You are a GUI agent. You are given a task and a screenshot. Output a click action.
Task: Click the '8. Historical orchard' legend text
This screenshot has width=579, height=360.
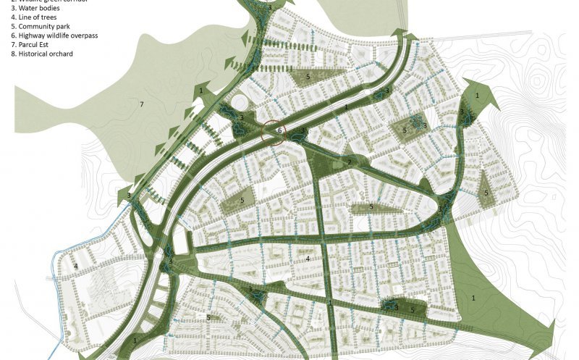point(42,54)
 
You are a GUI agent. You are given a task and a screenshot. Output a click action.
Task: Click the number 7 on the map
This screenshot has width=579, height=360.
point(142,105)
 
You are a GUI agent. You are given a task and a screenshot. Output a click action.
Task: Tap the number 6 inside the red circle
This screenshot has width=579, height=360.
point(279,130)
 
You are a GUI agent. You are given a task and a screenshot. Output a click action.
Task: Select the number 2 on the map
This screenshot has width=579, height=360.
point(349,162)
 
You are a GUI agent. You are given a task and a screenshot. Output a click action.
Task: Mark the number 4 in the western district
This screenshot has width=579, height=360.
point(75,266)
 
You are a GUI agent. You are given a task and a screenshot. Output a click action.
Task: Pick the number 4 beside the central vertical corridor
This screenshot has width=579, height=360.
point(308,259)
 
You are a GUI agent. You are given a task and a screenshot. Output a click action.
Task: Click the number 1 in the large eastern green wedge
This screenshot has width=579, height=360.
point(474,297)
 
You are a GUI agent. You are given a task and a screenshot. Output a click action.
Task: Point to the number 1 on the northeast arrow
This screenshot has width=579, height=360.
point(477,95)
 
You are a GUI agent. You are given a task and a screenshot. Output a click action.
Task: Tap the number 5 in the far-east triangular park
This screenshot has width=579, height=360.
point(486,193)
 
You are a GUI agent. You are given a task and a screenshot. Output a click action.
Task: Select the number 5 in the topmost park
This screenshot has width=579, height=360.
point(308,76)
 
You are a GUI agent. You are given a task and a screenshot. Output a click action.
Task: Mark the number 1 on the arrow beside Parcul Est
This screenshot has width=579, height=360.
point(200,91)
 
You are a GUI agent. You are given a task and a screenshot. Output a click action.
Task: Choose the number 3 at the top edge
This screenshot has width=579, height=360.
point(269,7)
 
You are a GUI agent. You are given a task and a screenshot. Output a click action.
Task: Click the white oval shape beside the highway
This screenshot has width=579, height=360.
point(238,101)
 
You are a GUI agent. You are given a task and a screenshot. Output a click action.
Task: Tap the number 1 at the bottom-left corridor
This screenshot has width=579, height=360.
point(135,340)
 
